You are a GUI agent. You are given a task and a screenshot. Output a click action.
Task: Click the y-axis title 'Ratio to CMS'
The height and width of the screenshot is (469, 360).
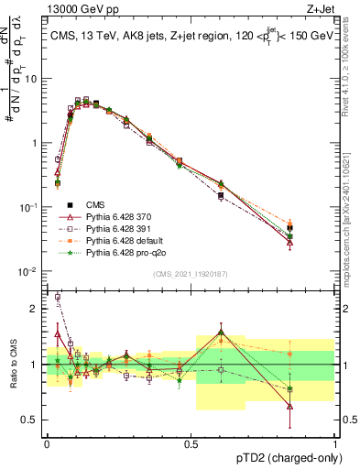[x=12, y=365]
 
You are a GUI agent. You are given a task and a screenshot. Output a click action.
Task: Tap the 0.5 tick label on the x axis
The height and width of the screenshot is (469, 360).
[x=191, y=442]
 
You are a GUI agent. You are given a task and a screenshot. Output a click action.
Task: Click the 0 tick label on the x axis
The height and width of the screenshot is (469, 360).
[x=47, y=442]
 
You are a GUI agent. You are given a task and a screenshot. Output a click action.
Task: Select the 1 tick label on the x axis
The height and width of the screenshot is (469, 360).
[x=335, y=442]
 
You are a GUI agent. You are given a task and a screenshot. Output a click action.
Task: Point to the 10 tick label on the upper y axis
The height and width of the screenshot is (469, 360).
[x=32, y=79]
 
